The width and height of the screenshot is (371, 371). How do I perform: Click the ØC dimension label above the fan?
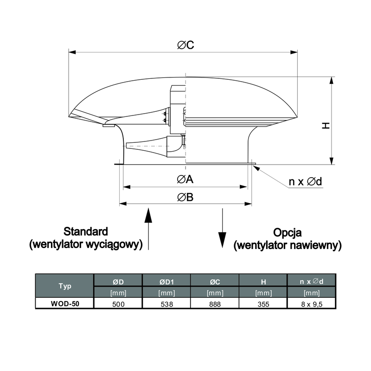(x=185, y=45)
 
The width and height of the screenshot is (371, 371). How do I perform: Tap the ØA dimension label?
(x=185, y=179)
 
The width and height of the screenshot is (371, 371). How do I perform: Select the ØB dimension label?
(x=185, y=197)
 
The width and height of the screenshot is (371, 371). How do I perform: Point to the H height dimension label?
(x=326, y=125)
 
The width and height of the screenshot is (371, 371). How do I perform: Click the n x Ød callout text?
(x=305, y=181)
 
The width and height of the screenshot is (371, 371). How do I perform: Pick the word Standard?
(x=86, y=231)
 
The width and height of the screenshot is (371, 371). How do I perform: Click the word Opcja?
(x=287, y=233)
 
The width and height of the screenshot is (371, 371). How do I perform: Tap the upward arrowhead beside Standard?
(x=148, y=215)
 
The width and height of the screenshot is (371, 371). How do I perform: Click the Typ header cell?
(x=64, y=286)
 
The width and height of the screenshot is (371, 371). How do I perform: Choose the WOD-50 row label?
(x=65, y=304)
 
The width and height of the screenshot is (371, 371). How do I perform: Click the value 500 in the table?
(x=118, y=304)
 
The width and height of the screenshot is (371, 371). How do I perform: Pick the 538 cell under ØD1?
(x=166, y=304)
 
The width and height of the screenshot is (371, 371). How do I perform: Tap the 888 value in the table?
(x=215, y=304)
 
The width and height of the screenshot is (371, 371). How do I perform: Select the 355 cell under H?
(x=263, y=304)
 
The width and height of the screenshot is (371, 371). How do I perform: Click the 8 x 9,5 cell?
(x=312, y=304)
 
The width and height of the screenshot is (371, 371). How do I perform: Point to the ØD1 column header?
(x=166, y=281)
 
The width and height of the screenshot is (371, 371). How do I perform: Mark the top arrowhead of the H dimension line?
(x=332, y=80)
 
